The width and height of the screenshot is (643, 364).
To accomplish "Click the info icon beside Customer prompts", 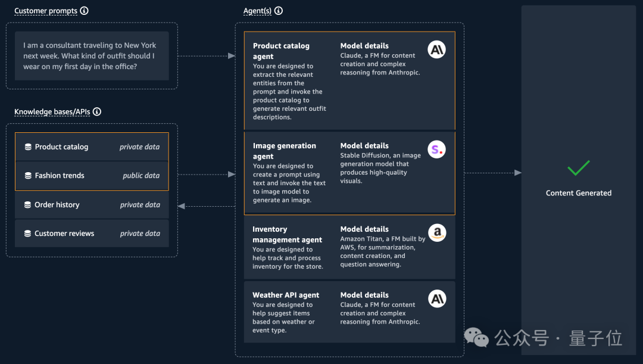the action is coord(84,11).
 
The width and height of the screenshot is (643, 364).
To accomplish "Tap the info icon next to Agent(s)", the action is coord(279,11).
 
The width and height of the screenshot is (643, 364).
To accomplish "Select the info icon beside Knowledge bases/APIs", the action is coord(97,111).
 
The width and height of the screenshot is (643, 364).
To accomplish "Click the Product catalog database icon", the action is coord(29,147).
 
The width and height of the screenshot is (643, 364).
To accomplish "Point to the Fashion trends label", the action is coord(60,176).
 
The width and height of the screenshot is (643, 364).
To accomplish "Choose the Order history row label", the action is coord(57,205).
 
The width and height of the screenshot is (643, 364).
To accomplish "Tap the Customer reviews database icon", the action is coord(27,234).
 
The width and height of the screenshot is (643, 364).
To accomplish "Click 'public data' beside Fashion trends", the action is coord(141,176).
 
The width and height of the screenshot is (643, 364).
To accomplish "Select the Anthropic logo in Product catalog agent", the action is coord(437,49).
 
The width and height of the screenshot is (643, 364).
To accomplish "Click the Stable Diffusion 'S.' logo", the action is coord(437,150).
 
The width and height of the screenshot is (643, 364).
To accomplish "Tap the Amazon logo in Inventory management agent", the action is coord(437,233).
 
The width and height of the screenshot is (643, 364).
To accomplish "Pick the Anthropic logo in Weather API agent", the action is coord(437,298).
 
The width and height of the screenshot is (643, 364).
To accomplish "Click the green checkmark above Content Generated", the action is coord(578,168).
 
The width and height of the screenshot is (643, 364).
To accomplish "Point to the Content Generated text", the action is coord(579,193).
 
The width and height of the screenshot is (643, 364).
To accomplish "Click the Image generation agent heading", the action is coord(285,151).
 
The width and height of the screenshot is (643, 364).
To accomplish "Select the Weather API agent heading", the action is coord(286,295).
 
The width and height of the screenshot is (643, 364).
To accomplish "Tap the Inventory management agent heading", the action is coord(288,234).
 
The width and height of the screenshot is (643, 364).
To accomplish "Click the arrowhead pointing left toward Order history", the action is coord(181,206).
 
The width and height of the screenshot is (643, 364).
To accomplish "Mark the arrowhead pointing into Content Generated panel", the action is coord(518,173).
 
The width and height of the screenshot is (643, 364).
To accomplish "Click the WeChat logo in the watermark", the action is coord(476,338).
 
